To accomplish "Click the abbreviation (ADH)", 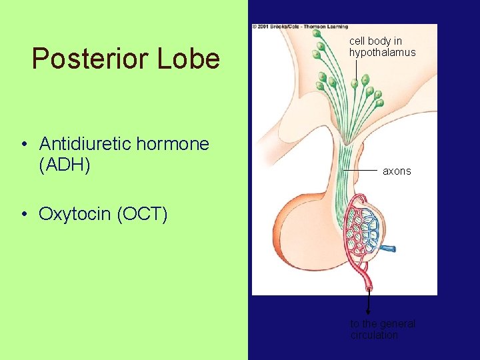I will pos(65,164).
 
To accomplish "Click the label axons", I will pos(397,171).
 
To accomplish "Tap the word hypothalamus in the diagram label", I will pos(382,52).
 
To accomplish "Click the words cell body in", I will pos(375,41).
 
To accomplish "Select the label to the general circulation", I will pos(383,329).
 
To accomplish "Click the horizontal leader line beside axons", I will pos(361,171).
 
